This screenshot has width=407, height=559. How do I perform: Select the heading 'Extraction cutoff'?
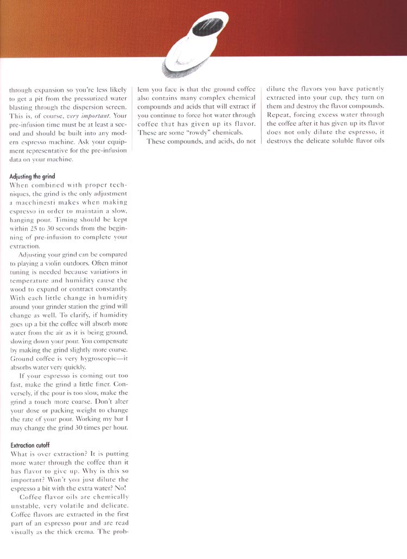(x=29, y=445)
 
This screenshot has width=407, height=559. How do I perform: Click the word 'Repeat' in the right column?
(x=278, y=115)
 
